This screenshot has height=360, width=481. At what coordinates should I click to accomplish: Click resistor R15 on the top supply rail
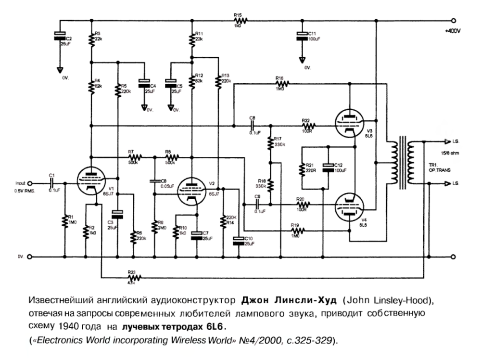240,21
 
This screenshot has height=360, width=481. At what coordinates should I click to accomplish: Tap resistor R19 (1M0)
295,231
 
